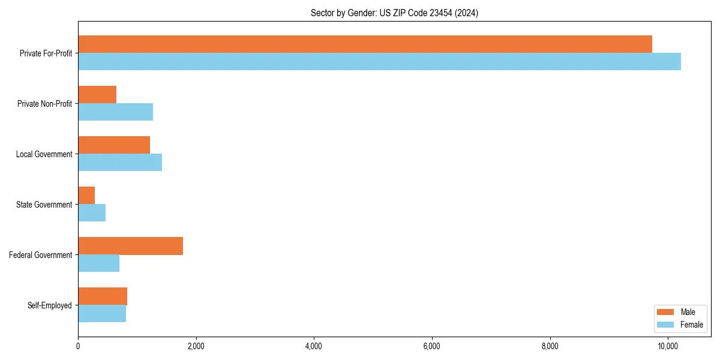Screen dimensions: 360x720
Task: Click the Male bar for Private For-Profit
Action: [365, 44]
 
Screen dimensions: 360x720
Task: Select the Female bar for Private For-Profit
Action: [379, 62]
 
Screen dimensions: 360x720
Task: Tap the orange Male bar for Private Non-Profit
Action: [97, 95]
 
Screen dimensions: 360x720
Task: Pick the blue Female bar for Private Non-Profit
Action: [115, 112]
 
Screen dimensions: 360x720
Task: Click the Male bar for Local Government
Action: [114, 145]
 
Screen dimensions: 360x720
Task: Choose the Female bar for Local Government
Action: [120, 163]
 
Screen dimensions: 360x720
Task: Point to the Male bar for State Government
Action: [86, 196]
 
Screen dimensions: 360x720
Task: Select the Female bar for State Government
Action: [92, 213]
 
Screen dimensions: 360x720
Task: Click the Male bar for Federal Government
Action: [130, 246]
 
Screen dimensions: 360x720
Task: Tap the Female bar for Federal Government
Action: [98, 263]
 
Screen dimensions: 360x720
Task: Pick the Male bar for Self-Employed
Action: [103, 296]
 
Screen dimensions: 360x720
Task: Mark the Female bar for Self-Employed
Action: [102, 314]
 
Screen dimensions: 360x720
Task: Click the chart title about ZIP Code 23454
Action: [394, 13]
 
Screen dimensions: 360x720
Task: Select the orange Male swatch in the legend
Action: [666, 312]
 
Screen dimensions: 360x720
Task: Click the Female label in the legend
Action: [692, 325]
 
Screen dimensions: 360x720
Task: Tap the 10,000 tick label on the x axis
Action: [668, 346]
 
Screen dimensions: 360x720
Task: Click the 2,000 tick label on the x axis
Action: [196, 346]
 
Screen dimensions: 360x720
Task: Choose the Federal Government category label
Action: [41, 255]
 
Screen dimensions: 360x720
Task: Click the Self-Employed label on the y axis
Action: [50, 305]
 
